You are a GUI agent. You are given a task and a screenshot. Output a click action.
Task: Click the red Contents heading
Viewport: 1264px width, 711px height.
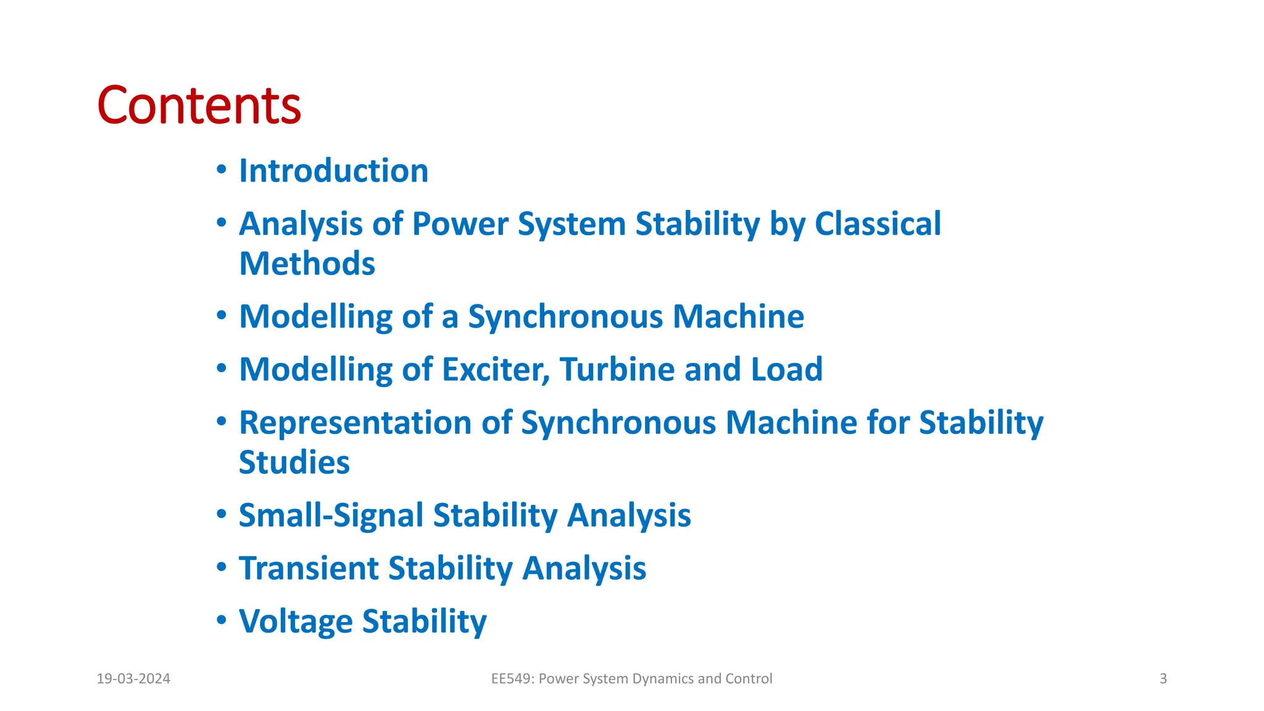pyautogui.click(x=199, y=106)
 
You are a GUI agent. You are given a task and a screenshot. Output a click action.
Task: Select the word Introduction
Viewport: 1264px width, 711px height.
pyautogui.click(x=333, y=171)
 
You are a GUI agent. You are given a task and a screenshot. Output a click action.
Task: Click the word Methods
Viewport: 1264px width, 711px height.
pyautogui.click(x=307, y=264)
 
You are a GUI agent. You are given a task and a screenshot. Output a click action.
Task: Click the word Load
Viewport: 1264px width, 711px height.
pyautogui.click(x=786, y=370)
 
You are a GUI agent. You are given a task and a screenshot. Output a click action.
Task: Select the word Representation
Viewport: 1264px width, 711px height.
pyautogui.click(x=355, y=423)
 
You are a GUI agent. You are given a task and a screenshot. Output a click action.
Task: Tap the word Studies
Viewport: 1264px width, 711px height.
pyautogui.click(x=294, y=463)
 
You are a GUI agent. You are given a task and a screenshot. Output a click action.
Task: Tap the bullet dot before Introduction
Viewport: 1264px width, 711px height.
pyautogui.click(x=222, y=170)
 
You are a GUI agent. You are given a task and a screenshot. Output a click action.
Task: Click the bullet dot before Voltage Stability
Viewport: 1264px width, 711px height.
pyautogui.click(x=222, y=620)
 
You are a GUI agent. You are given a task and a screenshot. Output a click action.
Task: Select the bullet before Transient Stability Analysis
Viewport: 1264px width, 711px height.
pyautogui.click(x=222, y=567)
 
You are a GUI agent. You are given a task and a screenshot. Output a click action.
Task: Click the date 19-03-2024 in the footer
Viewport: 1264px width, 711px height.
pyautogui.click(x=133, y=679)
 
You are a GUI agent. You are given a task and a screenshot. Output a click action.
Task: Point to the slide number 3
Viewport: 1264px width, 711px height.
pyautogui.click(x=1163, y=679)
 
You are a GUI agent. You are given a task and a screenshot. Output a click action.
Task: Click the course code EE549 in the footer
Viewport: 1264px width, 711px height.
pyautogui.click(x=512, y=679)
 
